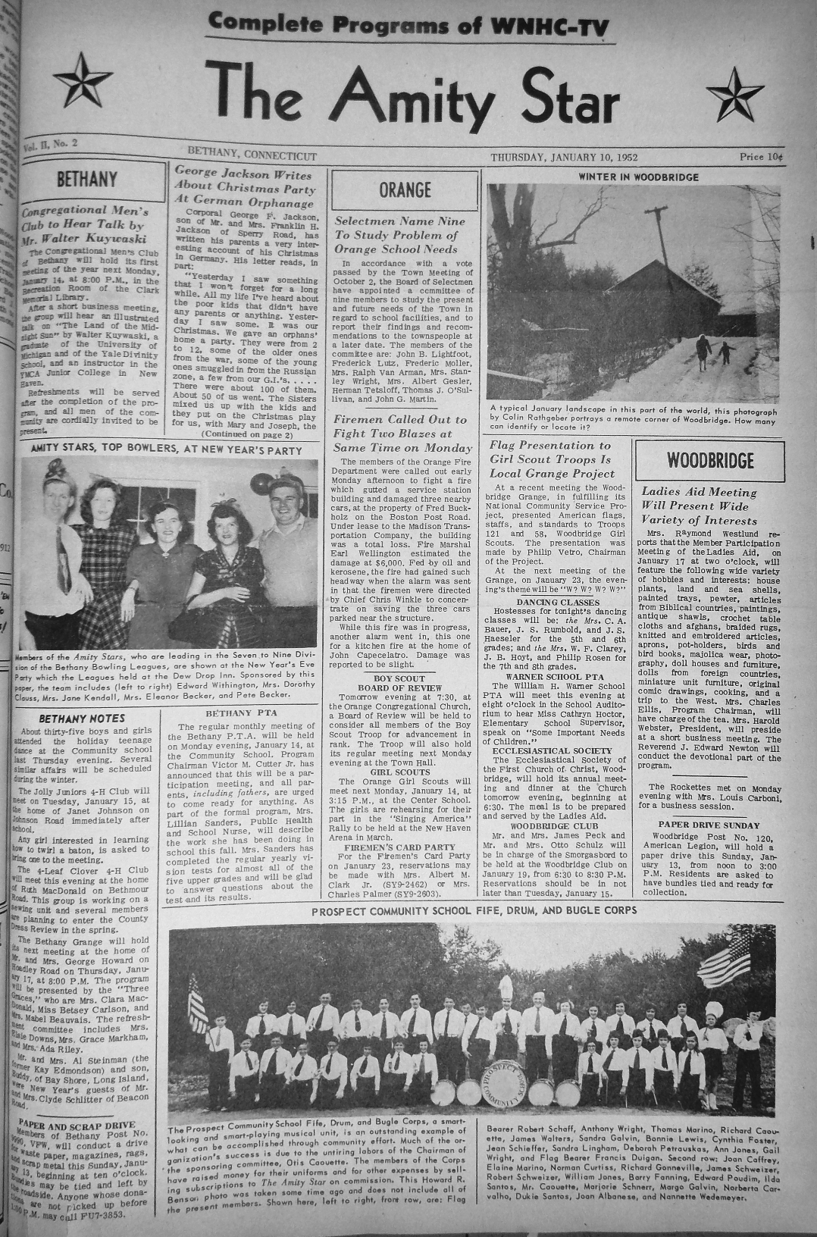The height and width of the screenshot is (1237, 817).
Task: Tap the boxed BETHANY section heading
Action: click(x=88, y=180)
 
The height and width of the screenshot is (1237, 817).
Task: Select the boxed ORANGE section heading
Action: click(x=405, y=189)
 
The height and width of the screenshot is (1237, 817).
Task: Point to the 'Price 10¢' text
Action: click(x=761, y=157)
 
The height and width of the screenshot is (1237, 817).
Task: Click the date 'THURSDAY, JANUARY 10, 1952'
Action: click(x=564, y=157)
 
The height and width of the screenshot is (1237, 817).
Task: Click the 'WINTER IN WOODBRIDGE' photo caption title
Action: click(x=638, y=177)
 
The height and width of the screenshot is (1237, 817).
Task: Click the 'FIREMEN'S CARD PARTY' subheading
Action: click(x=400, y=847)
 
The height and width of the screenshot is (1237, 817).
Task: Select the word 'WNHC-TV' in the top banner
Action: click(x=551, y=25)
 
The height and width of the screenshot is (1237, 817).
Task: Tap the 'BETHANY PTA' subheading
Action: click(x=241, y=713)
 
